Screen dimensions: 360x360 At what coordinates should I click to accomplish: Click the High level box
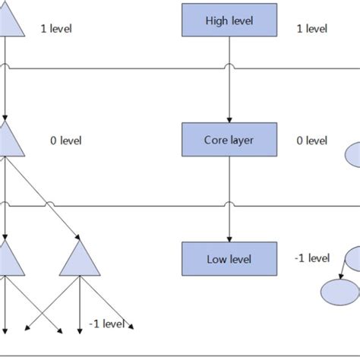pos(229,21)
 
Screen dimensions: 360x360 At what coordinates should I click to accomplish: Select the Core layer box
pos(229,140)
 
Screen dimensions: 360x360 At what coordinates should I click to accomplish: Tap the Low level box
pos(229,258)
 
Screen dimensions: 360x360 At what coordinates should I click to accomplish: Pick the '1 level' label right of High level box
pos(311,29)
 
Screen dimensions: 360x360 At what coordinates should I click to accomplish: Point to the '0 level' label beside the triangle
pos(65,141)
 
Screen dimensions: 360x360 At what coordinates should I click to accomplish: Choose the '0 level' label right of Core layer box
pos(311,141)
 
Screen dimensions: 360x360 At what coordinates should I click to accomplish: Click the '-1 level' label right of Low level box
pos(311,258)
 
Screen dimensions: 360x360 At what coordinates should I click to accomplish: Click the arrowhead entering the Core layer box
pos(229,120)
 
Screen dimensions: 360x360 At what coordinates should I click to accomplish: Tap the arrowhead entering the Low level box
pos(229,238)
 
